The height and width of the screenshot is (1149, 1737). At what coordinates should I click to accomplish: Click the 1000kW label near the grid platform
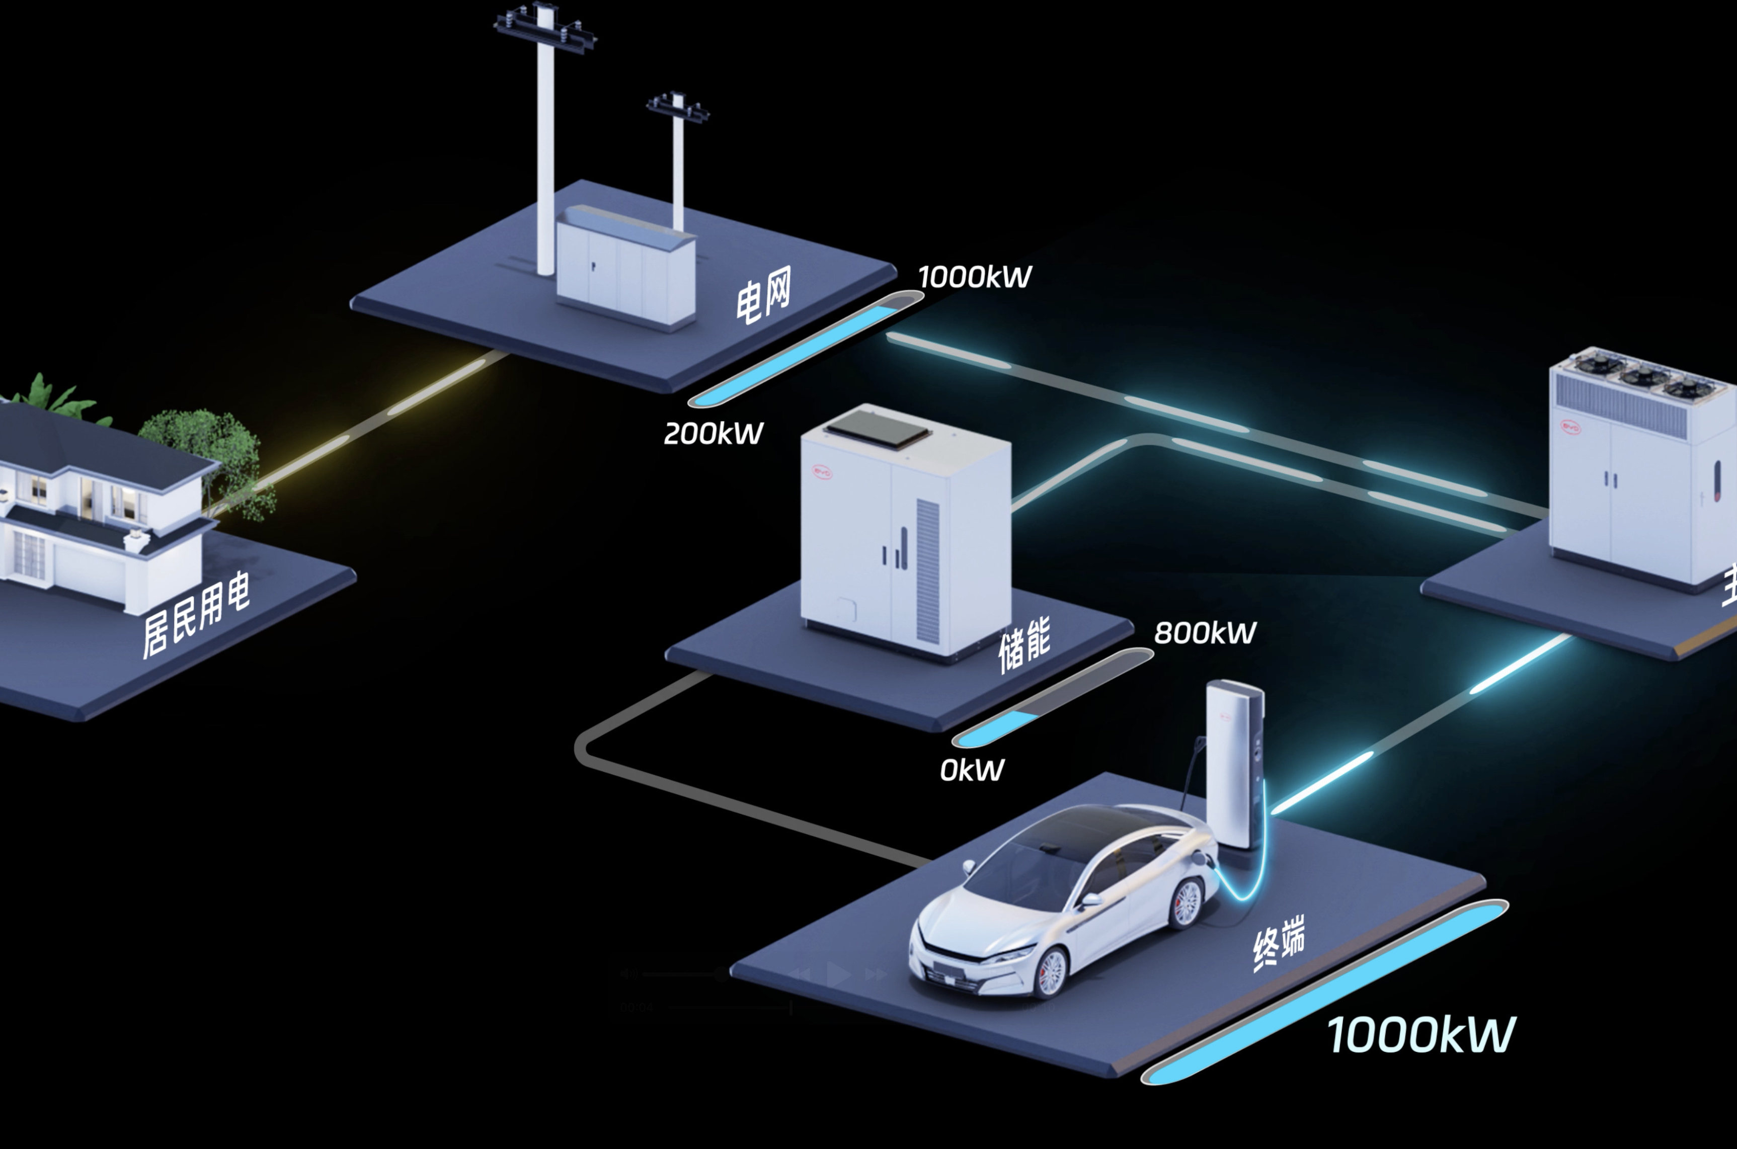pyautogui.click(x=974, y=277)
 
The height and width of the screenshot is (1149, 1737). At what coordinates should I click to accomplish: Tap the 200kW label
pyautogui.click(x=713, y=434)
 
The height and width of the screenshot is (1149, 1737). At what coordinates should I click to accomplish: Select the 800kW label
pyautogui.click(x=1205, y=632)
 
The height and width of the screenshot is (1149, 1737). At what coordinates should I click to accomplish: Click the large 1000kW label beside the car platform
pyautogui.click(x=1420, y=1035)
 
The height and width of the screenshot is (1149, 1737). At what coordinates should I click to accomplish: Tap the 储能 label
pyautogui.click(x=1024, y=645)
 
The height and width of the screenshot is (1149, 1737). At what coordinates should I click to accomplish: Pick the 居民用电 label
pyautogui.click(x=196, y=614)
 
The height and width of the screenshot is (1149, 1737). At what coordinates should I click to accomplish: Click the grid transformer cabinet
pyautogui.click(x=624, y=268)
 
